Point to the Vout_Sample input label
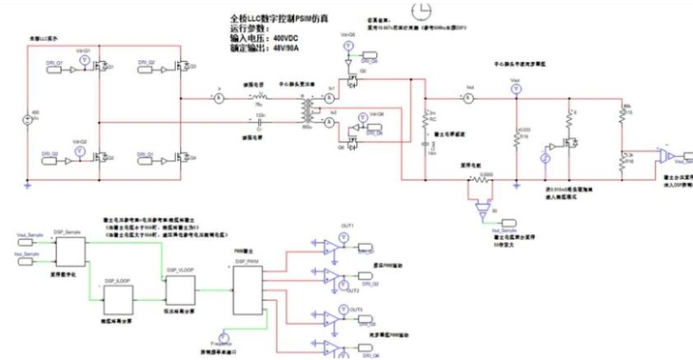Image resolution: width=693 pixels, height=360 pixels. pyautogui.click(x=30, y=233)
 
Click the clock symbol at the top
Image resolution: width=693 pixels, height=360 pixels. pyautogui.click(x=420, y=10)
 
